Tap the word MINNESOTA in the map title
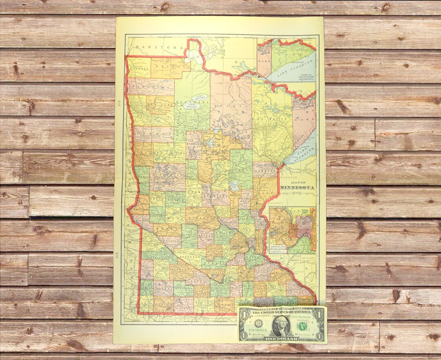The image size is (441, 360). [298, 188]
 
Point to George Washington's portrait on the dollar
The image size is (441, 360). [281, 325]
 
